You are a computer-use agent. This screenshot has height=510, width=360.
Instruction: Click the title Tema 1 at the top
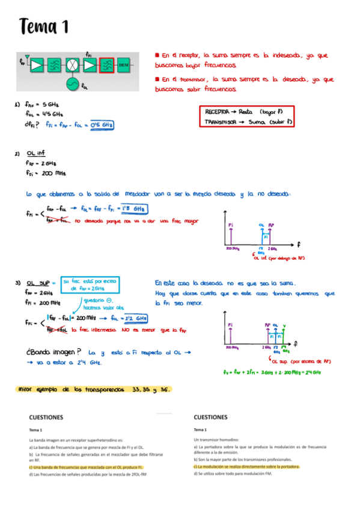tap(44, 26)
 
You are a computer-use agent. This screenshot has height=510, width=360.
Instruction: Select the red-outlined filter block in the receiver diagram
tap(107, 64)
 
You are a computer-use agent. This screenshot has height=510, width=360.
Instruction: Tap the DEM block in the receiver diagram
tap(124, 64)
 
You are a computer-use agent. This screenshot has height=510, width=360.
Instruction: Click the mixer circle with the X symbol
tap(73, 64)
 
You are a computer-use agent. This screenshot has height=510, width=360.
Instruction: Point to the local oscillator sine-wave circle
tap(73, 84)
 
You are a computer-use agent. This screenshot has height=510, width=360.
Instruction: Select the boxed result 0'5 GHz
tap(101, 124)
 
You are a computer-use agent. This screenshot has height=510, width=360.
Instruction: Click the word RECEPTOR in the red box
tap(217, 112)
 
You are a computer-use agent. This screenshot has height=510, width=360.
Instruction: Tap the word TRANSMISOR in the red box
tap(220, 121)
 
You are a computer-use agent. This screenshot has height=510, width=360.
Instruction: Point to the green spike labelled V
tap(284, 336)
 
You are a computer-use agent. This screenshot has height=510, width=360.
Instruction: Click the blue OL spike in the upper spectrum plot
tap(262, 236)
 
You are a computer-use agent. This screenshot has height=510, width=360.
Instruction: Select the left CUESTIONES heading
tap(48, 417)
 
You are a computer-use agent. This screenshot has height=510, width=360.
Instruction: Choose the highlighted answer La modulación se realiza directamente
tap(246, 466)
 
